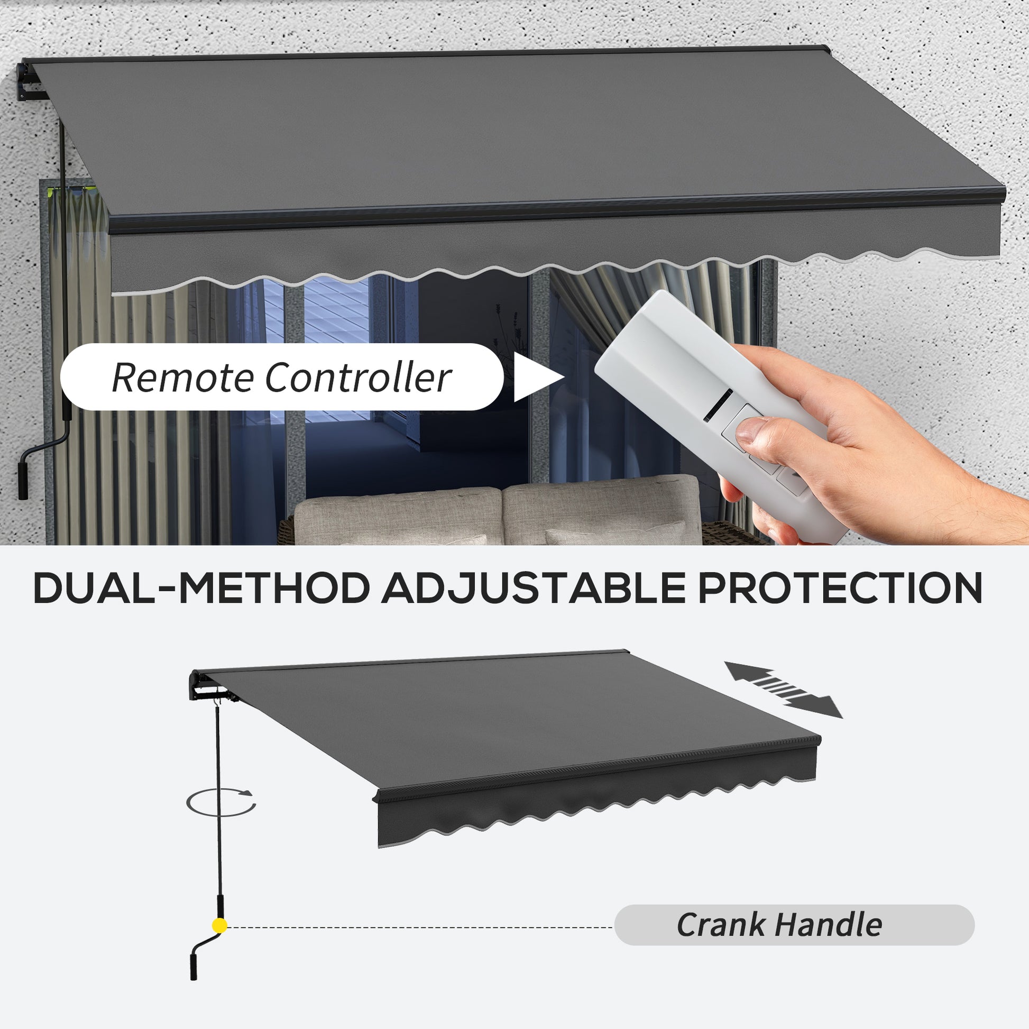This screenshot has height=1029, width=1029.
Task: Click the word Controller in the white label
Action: pos(359,378)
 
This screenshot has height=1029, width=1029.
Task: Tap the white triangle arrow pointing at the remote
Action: pos(538,377)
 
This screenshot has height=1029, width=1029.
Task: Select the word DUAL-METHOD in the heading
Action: pos(201,588)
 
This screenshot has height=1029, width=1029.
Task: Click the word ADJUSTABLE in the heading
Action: pos(533,588)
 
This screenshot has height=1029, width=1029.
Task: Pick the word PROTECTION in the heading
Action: pos(840,588)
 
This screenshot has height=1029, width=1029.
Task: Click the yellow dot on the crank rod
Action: pos(219,926)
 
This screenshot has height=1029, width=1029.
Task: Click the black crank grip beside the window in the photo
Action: pos(23,481)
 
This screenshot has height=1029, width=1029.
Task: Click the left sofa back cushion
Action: pos(398,515)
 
